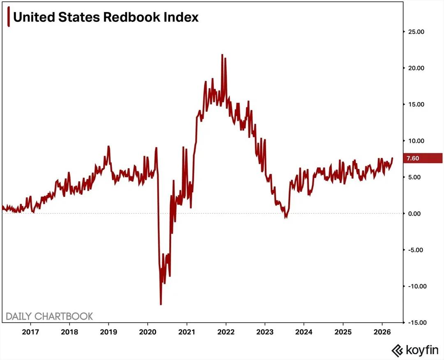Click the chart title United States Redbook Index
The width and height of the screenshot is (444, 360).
point(106,17)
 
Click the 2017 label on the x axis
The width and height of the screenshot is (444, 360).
point(31,332)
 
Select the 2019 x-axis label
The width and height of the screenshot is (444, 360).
point(108,332)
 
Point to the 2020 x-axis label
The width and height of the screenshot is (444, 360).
point(148,332)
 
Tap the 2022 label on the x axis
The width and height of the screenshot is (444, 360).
point(226,332)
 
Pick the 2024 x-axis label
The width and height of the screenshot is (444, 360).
point(304,332)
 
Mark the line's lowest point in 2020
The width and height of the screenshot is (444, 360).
point(161,304)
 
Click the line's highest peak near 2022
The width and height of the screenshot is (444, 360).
point(222,55)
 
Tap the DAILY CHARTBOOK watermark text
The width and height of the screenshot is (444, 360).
point(49,316)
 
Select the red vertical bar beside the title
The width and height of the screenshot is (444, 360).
point(9,18)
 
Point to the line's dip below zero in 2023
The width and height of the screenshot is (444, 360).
point(286,217)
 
